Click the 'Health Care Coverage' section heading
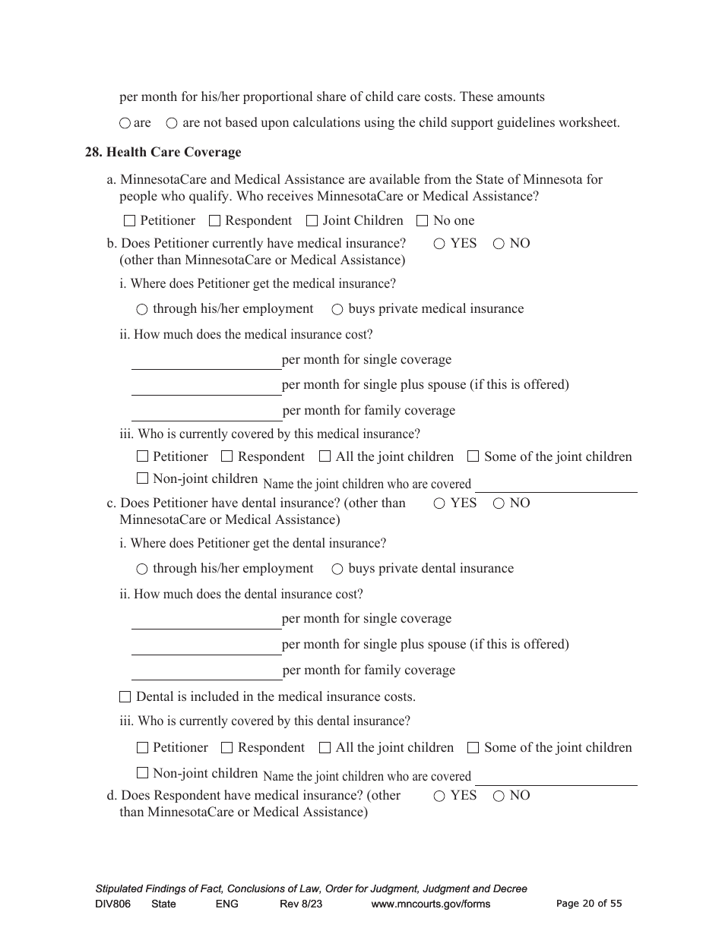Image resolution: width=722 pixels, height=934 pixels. point(173,153)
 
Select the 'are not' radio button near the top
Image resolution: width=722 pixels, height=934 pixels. point(172,123)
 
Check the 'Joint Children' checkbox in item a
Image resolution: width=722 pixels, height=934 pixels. point(312,221)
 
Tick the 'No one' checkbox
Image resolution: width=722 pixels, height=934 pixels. point(423,221)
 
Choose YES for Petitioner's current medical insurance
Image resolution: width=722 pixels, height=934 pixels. point(439,244)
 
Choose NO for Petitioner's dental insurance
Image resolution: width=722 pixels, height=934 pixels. point(499,503)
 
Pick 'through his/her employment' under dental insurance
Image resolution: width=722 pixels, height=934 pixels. point(142,569)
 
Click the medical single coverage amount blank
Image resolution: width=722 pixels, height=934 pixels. point(206,361)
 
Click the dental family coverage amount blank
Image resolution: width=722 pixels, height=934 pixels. point(206,671)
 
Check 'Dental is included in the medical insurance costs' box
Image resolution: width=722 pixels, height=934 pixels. point(125,696)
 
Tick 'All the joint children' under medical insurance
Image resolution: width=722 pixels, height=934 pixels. point(325,456)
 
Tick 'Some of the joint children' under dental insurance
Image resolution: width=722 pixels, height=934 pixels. point(473,747)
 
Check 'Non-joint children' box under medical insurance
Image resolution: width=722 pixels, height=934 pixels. point(142,478)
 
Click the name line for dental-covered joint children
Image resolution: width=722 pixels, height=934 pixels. point(556,778)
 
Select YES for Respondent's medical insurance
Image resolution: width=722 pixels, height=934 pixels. point(439,796)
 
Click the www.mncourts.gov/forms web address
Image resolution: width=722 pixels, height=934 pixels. point(430,904)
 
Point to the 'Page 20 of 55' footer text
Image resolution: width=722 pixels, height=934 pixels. point(589,904)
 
